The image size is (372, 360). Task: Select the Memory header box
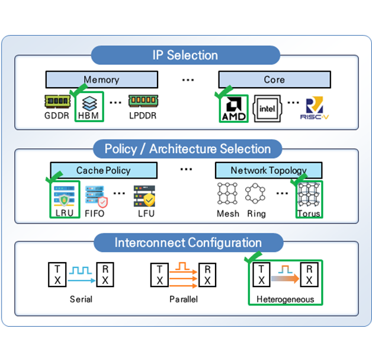click(x=101, y=79)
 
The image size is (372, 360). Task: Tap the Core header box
click(x=274, y=79)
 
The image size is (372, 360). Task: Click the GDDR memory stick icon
click(x=57, y=102)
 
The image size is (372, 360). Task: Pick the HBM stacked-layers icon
click(x=88, y=102)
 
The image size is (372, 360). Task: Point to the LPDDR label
click(x=143, y=116)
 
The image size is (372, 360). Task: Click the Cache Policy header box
click(x=103, y=170)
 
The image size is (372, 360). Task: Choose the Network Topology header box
click(x=269, y=170)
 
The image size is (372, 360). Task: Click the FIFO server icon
click(x=95, y=196)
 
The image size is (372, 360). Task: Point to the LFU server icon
click(x=144, y=196)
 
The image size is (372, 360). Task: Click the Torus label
click(x=309, y=214)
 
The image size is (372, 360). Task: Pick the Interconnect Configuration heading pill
click(x=188, y=243)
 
